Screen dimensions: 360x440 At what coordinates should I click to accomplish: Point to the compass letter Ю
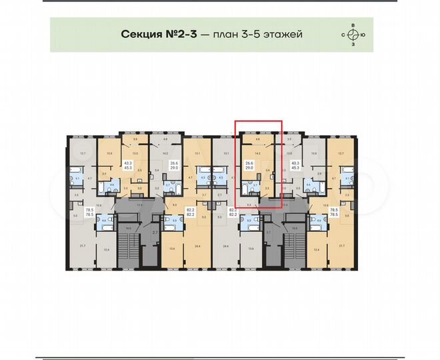[363, 35]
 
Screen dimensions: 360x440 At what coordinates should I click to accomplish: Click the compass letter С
[344, 35]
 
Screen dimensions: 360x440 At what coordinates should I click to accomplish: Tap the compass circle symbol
[353, 35]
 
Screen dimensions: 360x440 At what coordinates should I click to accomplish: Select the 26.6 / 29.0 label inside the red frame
[249, 166]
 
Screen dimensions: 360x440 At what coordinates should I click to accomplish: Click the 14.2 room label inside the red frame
[257, 152]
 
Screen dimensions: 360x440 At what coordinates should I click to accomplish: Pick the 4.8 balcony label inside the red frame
[257, 139]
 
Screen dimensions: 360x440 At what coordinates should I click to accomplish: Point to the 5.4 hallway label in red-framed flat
[267, 171]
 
